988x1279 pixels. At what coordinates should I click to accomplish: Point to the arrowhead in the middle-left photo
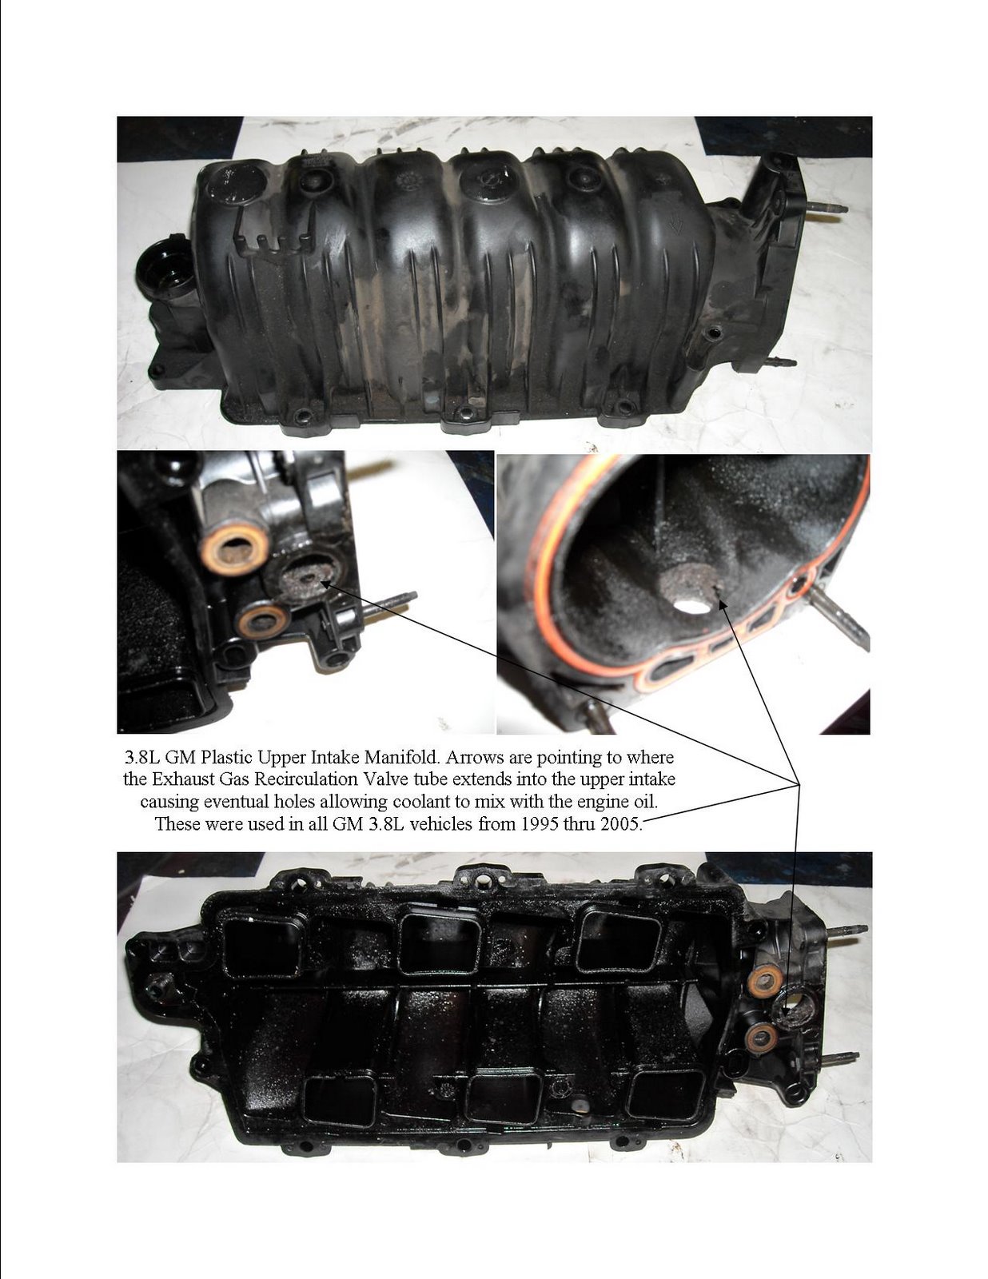click(x=325, y=584)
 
